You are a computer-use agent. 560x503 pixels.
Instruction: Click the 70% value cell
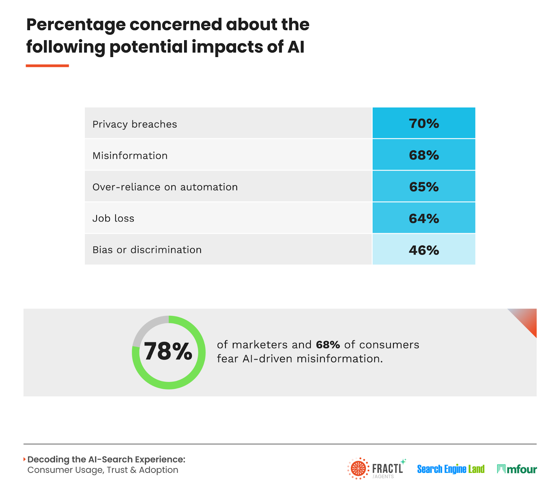pos(423,123)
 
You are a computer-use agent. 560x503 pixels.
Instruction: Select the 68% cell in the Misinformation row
pos(423,155)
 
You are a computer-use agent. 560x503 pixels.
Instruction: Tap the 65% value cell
pos(423,187)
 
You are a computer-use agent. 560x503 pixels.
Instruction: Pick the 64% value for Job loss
pos(423,219)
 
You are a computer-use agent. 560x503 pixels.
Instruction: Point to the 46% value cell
pos(423,250)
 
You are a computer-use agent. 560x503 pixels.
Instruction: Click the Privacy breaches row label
pos(135,124)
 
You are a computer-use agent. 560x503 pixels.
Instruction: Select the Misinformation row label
pos(130,156)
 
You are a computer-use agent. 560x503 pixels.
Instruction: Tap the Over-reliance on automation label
pos(165,187)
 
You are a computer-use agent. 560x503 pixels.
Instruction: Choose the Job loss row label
pos(113,219)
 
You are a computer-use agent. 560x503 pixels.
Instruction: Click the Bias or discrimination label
pos(147,250)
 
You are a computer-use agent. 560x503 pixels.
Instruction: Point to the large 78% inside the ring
pos(168,351)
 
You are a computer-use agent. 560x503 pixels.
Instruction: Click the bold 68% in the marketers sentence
pos(328,345)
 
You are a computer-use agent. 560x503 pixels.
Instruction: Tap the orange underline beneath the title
pos(47,66)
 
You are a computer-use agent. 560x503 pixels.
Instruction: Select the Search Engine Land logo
pos(450,469)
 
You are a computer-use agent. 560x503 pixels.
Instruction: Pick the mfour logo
pos(517,469)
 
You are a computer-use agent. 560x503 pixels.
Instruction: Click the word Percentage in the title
pos(76,25)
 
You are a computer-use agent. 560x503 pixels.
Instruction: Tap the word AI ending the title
pos(296,47)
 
